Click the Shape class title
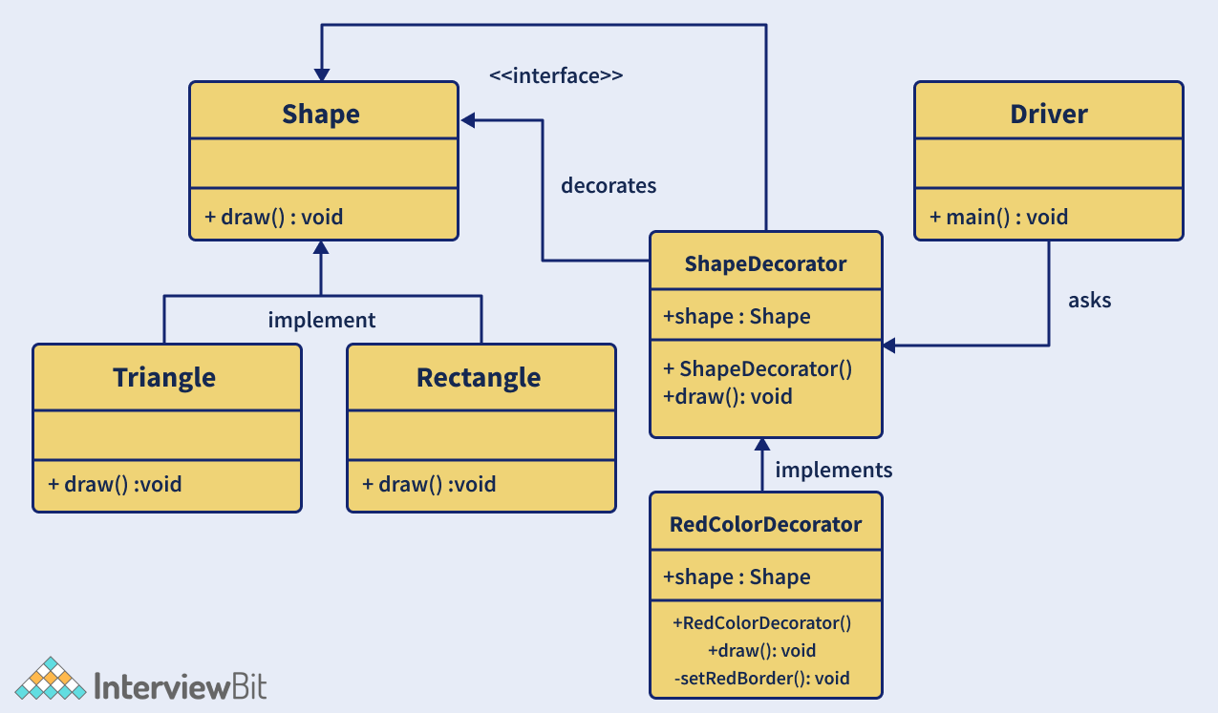click(x=321, y=115)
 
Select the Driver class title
click(x=1048, y=115)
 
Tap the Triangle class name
click(x=164, y=378)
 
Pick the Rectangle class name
click(x=479, y=378)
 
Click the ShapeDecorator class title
click(x=765, y=264)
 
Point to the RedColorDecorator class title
click(x=765, y=524)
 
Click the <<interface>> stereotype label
click(x=556, y=75)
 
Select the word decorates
click(x=609, y=185)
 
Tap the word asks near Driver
click(x=1089, y=300)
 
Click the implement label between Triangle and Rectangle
click(x=322, y=320)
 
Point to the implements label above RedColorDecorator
click(x=833, y=470)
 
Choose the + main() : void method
click(x=998, y=218)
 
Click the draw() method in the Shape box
click(x=273, y=218)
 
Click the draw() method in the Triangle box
click(x=115, y=484)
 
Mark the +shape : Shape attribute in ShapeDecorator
click(x=737, y=317)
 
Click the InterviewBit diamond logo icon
click(x=50, y=679)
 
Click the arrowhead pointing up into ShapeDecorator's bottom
click(x=762, y=445)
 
